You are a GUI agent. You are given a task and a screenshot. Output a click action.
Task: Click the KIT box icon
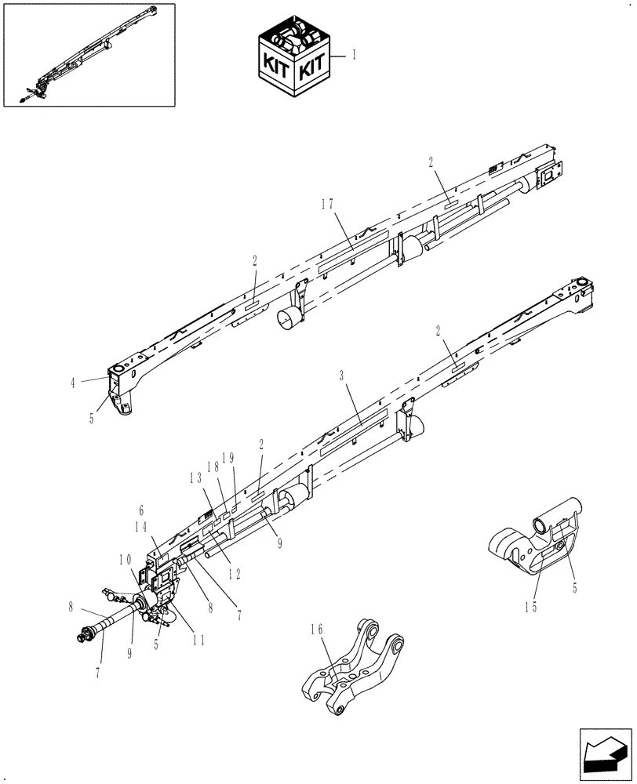294,61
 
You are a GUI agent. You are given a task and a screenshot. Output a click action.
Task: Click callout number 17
327,205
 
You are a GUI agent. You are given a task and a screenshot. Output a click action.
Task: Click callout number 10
125,559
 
